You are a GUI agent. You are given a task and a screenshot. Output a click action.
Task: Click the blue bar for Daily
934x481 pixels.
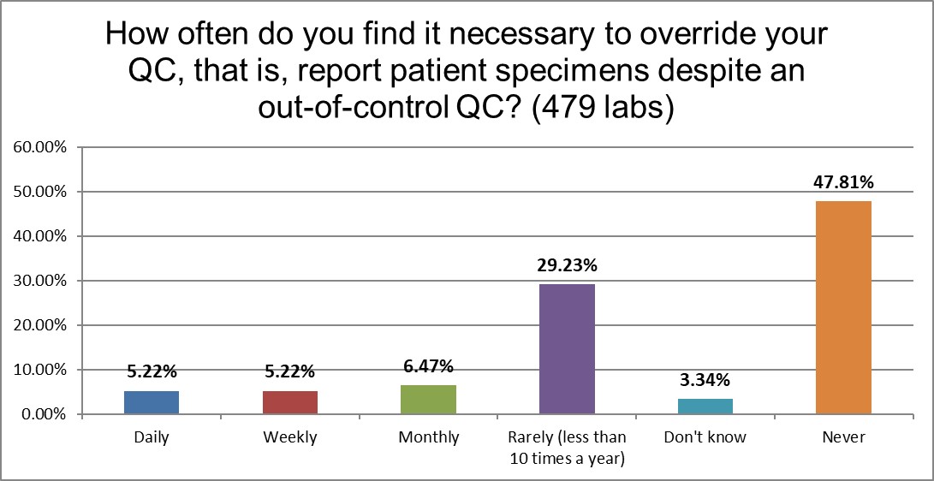pos(152,402)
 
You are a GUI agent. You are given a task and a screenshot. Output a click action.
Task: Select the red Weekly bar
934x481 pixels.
pos(290,402)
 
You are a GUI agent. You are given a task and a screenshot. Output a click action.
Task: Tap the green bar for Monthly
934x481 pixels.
pos(429,400)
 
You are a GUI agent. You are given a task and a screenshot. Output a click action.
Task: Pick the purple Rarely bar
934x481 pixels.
pos(567,349)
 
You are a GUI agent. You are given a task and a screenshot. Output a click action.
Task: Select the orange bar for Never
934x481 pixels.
pos(843,308)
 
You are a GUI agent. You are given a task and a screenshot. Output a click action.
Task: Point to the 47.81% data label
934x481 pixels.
pos(843,182)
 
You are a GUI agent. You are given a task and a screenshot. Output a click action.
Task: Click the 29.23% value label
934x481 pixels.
pos(567,265)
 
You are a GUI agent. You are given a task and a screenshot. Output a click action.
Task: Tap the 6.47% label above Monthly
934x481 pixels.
pos(429,366)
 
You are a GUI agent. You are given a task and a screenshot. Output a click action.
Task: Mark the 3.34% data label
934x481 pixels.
pos(705,380)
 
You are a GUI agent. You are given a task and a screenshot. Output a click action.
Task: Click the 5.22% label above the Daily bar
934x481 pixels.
pos(152,371)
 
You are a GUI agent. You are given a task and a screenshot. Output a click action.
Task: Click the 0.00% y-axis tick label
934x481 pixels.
pos(42,414)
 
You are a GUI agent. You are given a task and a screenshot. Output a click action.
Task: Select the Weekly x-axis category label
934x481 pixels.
pos(290,437)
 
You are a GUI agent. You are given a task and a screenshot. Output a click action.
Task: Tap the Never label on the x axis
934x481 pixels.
pos(843,437)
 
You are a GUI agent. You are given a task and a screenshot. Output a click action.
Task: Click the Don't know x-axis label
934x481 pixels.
pos(705,437)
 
